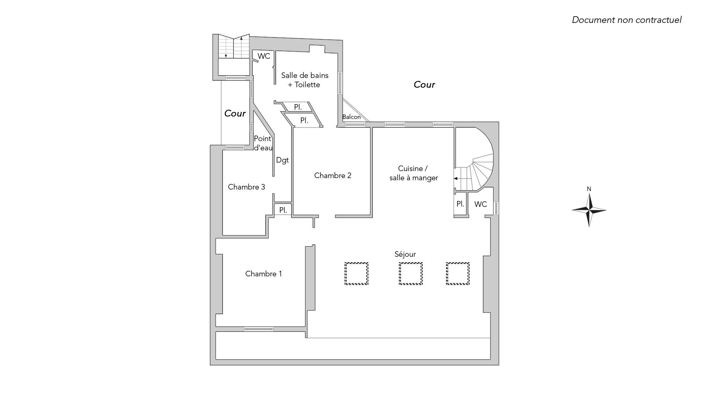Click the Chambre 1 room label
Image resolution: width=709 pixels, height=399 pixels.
point(263,274)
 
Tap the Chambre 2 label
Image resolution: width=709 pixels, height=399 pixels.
point(333,175)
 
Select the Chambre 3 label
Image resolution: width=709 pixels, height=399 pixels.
point(246,187)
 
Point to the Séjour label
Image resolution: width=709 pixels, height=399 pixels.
point(405,255)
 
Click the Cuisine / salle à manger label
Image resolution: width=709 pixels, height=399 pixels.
point(414,173)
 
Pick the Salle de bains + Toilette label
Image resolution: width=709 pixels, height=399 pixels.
point(305,80)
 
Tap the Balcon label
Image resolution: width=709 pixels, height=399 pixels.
point(351,117)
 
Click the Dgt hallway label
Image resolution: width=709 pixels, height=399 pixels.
point(282,160)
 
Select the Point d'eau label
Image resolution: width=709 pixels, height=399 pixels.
point(263,143)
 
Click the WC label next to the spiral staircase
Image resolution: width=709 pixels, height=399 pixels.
point(480,204)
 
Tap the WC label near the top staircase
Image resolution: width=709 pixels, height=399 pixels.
point(264,56)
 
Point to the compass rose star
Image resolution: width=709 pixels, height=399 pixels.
point(589,210)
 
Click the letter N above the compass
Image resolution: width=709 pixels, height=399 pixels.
point(589,189)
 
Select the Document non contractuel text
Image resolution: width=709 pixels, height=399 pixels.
point(627,20)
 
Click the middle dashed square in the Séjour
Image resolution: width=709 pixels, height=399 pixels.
point(411,273)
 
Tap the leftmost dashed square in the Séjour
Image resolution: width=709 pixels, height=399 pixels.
point(356,273)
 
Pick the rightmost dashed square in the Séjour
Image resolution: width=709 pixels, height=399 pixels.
point(458,273)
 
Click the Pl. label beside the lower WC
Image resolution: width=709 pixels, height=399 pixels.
point(460,204)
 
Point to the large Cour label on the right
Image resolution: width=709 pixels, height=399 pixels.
point(424,85)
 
